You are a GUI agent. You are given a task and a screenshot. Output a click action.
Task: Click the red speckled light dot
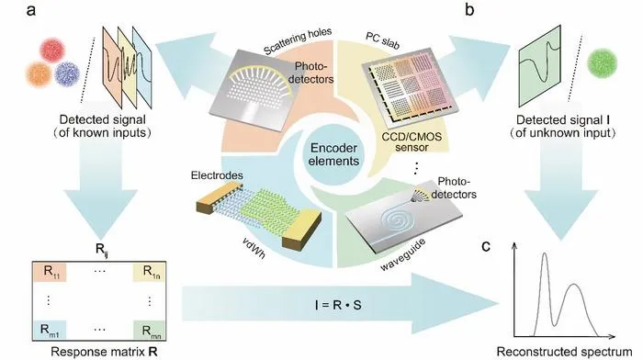pos(52,50)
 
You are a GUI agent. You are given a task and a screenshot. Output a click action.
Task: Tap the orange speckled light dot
pos(39,74)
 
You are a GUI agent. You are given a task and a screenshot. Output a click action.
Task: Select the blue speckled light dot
pos(67,73)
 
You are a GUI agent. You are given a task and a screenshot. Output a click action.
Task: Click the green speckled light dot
pos(602,63)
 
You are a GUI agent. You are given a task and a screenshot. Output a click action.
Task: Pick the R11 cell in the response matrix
pos(50,272)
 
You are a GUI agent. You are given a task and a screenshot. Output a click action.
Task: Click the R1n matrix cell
pos(149,272)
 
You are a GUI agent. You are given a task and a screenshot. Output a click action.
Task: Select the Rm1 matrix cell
pos(50,330)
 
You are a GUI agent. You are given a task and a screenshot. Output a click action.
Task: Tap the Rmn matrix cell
pos(149,330)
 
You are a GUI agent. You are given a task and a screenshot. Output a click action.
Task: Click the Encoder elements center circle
pos(333,154)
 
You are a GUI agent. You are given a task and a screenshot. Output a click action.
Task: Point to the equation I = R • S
pos(338,305)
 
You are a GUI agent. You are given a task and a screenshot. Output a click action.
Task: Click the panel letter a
pos(30,10)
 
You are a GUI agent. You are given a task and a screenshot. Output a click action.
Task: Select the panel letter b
pos(469,9)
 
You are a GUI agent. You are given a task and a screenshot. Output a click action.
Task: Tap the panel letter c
pos(486,246)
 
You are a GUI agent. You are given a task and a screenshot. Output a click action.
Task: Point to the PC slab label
pos(382,40)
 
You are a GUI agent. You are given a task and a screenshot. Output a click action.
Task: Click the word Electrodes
pos(217,175)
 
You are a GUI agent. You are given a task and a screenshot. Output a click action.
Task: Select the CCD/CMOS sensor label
pos(412,141)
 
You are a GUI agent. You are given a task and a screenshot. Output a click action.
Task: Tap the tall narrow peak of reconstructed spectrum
pos(545,254)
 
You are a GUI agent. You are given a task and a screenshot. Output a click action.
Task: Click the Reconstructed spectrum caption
pos(564,352)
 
